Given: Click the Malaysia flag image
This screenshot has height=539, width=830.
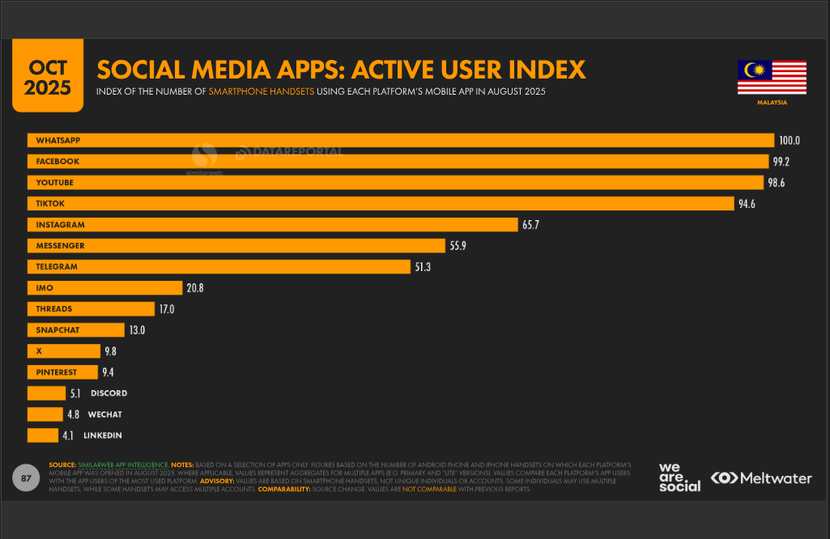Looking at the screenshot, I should point(772,78).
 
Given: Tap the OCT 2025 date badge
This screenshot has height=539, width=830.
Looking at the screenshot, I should point(48,78).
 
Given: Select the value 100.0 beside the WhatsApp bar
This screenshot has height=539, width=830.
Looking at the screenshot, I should point(790,140).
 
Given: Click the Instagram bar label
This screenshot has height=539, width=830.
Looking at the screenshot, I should point(60,224).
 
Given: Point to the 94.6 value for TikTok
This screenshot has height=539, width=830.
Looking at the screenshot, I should point(746,203).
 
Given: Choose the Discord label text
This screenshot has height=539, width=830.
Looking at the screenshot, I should point(109,393).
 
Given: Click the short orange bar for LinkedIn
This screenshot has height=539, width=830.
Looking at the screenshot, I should point(42,435).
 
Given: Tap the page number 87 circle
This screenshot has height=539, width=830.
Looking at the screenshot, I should point(26,478).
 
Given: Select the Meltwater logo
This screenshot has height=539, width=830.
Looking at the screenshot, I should point(761,478).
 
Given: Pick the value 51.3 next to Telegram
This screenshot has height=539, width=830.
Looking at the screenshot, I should point(423,266).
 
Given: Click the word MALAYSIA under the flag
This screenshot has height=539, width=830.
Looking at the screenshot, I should point(772,103).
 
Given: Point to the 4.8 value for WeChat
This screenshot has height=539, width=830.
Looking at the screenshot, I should point(73,414).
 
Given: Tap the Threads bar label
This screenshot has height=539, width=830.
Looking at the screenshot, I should point(53,308).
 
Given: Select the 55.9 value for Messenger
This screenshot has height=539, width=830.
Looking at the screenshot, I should point(458,245).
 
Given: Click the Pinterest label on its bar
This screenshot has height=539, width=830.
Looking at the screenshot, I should point(56,372).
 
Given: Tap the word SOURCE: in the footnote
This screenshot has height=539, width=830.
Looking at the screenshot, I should point(63,465).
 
